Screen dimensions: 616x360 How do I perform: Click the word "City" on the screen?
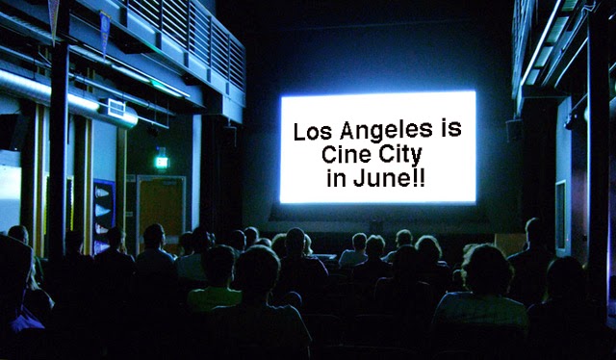[x=400, y=155]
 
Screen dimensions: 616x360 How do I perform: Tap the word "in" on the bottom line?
[x=336, y=179]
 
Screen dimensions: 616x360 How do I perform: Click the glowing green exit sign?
[x=161, y=162]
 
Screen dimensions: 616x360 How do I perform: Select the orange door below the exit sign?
[x=162, y=208]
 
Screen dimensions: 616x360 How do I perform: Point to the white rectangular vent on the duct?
[x=116, y=108]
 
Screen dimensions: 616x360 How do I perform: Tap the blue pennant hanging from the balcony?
[x=105, y=31]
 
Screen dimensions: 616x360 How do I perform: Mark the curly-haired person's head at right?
[x=488, y=270]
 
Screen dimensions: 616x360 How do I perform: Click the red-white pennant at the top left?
[x=54, y=17]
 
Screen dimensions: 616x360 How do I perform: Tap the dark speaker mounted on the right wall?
[x=513, y=130]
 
